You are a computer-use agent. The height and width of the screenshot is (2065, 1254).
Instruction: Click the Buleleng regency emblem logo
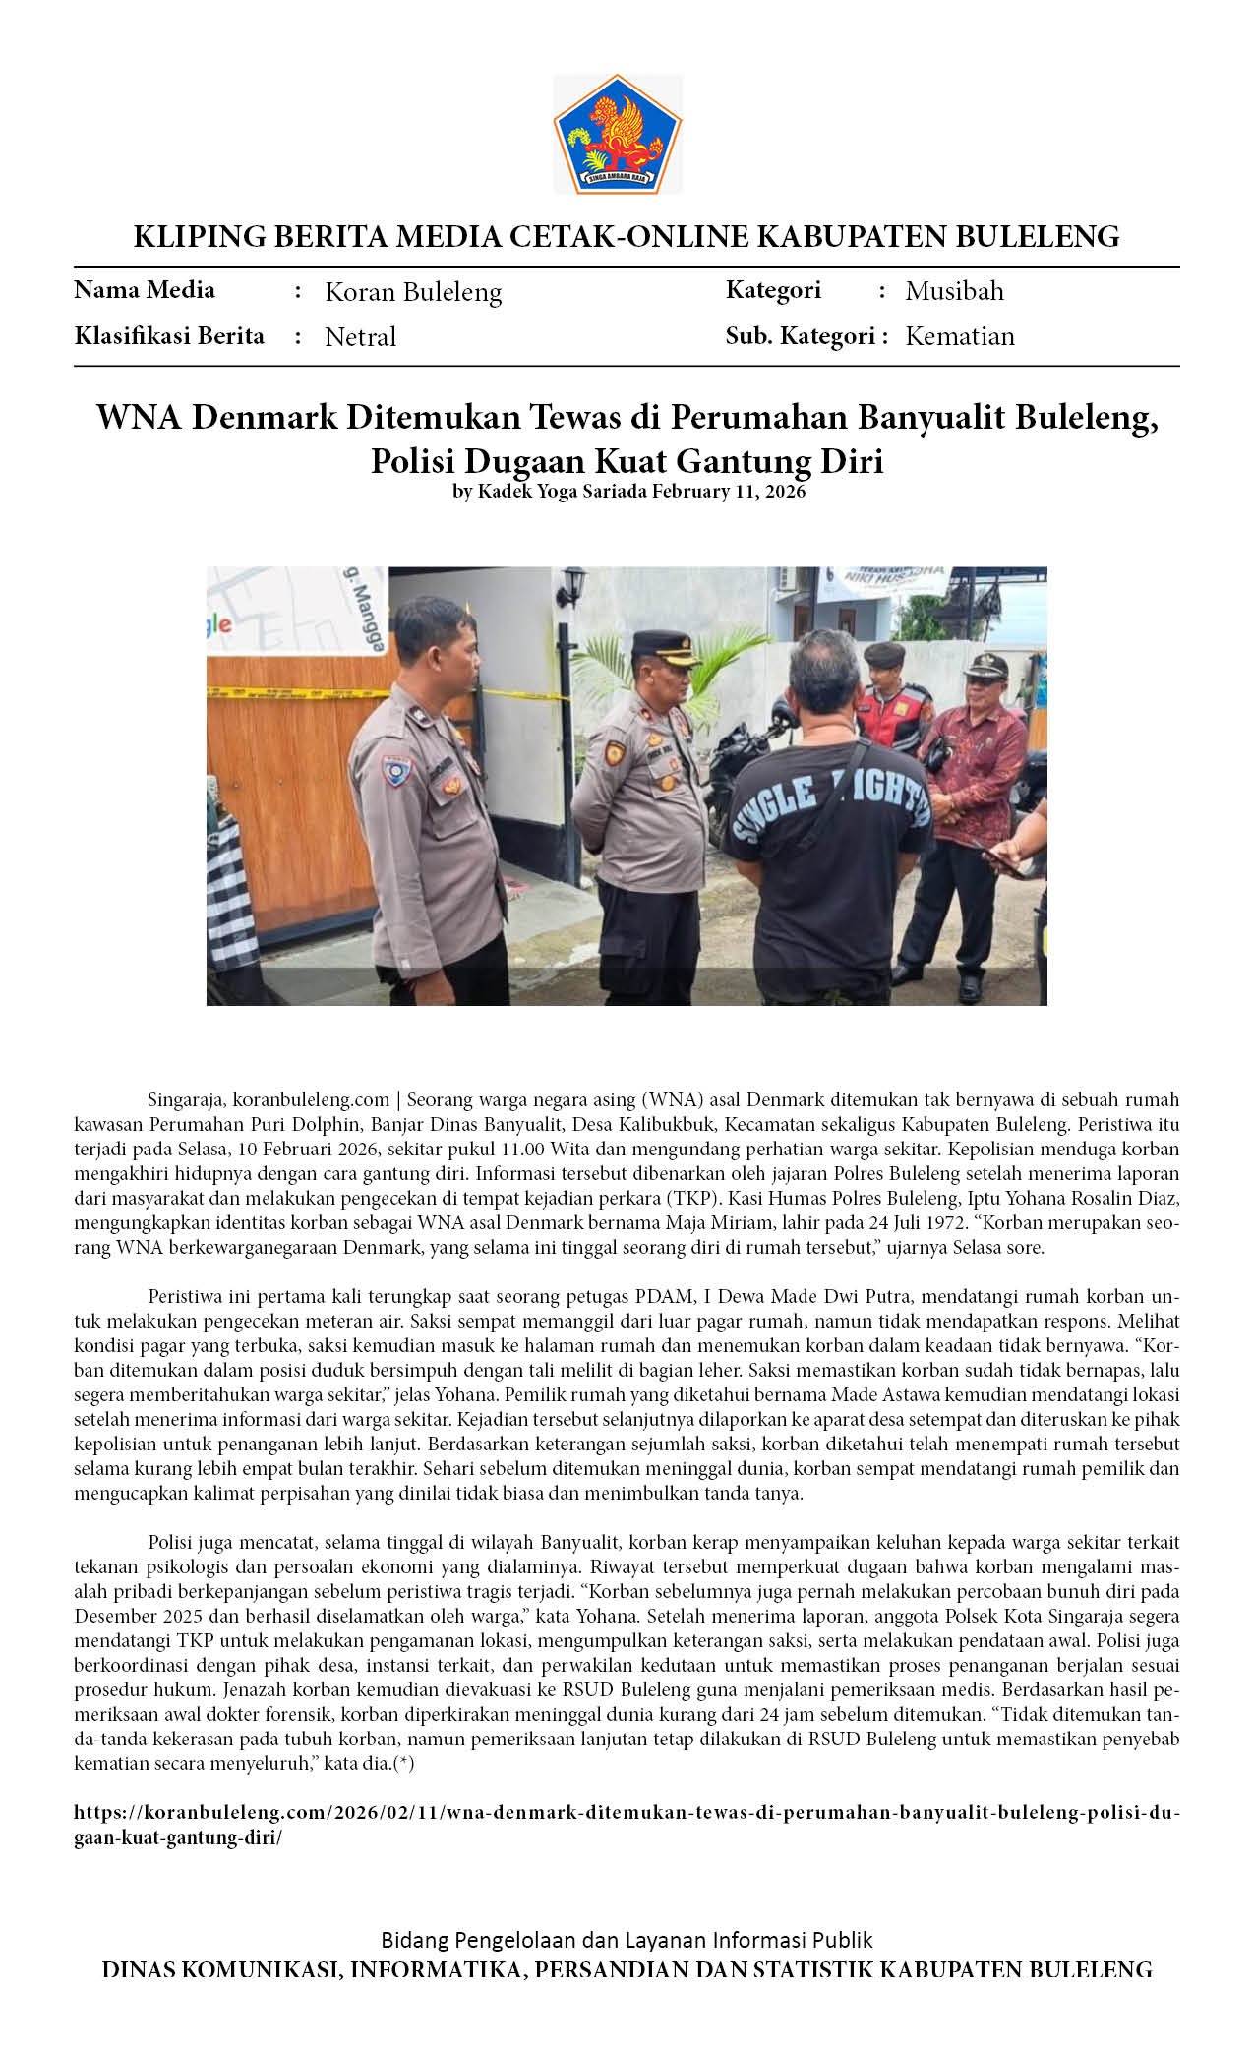[617, 134]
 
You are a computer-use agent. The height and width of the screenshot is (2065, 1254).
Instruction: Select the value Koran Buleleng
[413, 292]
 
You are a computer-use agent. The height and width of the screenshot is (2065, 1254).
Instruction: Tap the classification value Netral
[360, 337]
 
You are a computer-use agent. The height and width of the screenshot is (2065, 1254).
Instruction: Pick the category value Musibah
[954, 291]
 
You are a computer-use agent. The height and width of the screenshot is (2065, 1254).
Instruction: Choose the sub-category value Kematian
[959, 336]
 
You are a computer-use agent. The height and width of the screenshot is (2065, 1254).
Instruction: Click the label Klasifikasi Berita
[169, 336]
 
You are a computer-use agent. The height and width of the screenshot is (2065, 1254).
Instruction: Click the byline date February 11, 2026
[729, 492]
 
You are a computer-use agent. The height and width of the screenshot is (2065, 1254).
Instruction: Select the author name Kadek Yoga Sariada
[563, 492]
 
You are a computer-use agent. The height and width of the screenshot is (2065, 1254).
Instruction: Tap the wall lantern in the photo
[571, 587]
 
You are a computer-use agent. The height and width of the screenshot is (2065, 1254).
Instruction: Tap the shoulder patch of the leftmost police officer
[397, 770]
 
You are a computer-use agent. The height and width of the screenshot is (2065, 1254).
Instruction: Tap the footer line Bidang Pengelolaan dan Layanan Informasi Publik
[627, 1940]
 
